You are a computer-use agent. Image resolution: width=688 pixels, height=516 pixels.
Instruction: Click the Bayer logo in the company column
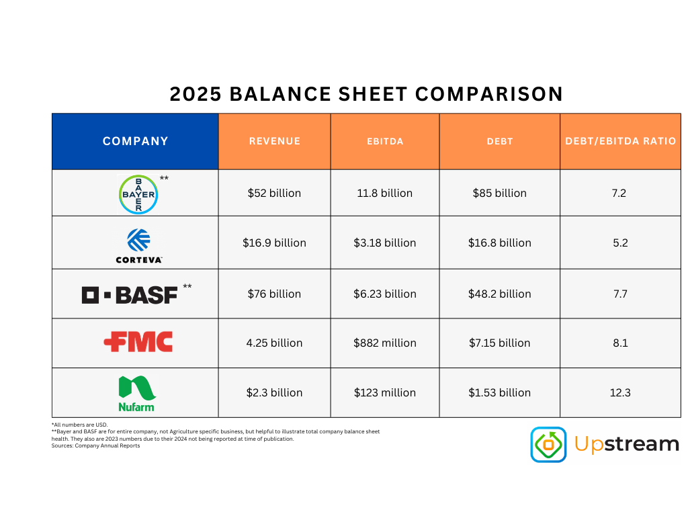tap(138, 194)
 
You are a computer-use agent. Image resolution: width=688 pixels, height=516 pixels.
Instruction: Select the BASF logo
tap(130, 294)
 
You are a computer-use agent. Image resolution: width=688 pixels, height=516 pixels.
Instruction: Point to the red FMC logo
tap(138, 342)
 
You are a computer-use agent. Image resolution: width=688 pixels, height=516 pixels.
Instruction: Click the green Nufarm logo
tap(137, 393)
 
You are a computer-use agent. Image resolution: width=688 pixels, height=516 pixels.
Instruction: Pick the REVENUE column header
tap(274, 141)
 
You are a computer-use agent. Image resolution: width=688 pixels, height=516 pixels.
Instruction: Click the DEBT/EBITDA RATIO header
tap(620, 141)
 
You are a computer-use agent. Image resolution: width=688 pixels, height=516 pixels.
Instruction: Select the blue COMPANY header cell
tap(135, 141)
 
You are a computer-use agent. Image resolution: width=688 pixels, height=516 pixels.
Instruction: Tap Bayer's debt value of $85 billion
tap(499, 193)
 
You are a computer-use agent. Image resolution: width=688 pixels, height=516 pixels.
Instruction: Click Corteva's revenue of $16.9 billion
tap(274, 243)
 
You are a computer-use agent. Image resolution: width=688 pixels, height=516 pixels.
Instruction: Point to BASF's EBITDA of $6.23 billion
tap(385, 294)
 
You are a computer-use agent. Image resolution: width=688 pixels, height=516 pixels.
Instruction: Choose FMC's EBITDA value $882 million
tap(385, 343)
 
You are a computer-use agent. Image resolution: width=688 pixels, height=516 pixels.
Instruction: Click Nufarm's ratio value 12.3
tap(620, 392)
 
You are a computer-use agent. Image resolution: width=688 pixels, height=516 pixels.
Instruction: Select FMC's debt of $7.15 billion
tap(499, 343)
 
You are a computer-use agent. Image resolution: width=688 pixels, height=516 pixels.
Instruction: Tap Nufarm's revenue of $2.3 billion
tap(274, 392)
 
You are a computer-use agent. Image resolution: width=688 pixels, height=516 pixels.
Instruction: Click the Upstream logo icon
tap(548, 444)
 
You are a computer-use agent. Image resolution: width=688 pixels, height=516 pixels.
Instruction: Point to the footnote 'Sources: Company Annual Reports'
tap(95, 445)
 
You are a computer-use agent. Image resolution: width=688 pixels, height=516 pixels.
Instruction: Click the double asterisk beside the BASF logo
tap(187, 287)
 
